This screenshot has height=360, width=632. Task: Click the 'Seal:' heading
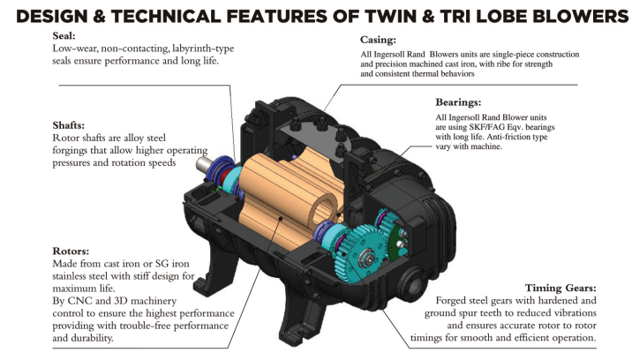pos(64,36)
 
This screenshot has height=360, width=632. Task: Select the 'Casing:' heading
pos(378,40)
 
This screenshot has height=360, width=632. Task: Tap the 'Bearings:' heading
pos(458,102)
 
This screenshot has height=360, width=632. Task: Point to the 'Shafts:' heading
pos(69,125)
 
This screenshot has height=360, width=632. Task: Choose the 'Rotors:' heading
pos(71,251)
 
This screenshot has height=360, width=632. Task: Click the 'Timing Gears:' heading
pos(561,288)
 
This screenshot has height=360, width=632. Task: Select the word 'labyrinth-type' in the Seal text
pos(203,49)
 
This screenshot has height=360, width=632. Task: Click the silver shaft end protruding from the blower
pos(204,164)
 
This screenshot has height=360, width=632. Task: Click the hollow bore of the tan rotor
pos(321,213)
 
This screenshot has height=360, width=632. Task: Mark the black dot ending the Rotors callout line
pos(281,219)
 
